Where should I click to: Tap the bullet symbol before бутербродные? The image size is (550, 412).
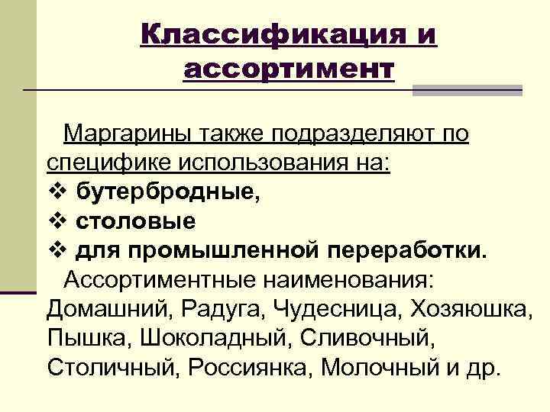(x=56, y=192)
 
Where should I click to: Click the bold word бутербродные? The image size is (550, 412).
(x=167, y=192)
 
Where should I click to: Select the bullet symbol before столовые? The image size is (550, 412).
(x=56, y=220)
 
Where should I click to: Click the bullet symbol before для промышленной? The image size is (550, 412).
(x=56, y=249)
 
